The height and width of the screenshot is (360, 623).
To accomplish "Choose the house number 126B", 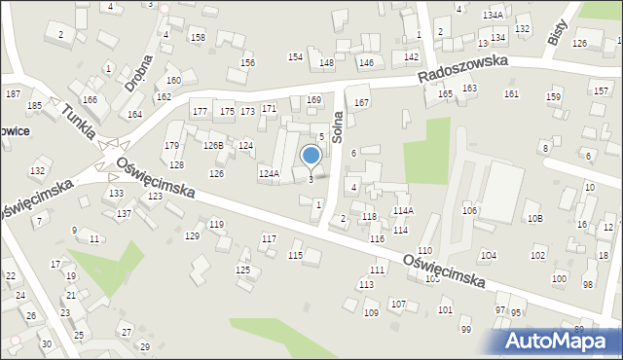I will (x=213, y=145).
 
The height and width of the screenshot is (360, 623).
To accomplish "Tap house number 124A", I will (x=269, y=173).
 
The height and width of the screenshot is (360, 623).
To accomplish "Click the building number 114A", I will (x=403, y=210).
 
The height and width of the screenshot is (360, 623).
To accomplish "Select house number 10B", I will (x=534, y=219).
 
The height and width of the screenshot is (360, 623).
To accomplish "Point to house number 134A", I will (x=493, y=16).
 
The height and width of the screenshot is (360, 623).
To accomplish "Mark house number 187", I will (x=13, y=93).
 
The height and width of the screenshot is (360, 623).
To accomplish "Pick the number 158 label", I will (x=198, y=38).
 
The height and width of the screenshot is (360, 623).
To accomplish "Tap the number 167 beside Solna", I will (x=362, y=102).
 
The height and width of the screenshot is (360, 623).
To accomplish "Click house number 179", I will (x=172, y=146).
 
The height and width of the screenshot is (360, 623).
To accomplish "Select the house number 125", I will (x=243, y=270).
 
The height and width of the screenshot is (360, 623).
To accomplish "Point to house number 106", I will (x=469, y=211).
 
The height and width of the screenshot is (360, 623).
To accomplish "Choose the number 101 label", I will (x=445, y=310).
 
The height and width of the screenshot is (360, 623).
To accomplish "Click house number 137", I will (x=124, y=213).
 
